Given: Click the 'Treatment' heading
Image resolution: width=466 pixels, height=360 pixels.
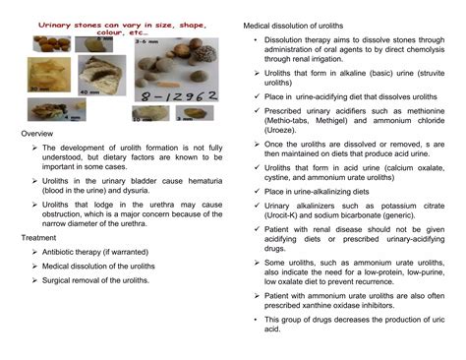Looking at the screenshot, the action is click(x=38, y=238).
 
